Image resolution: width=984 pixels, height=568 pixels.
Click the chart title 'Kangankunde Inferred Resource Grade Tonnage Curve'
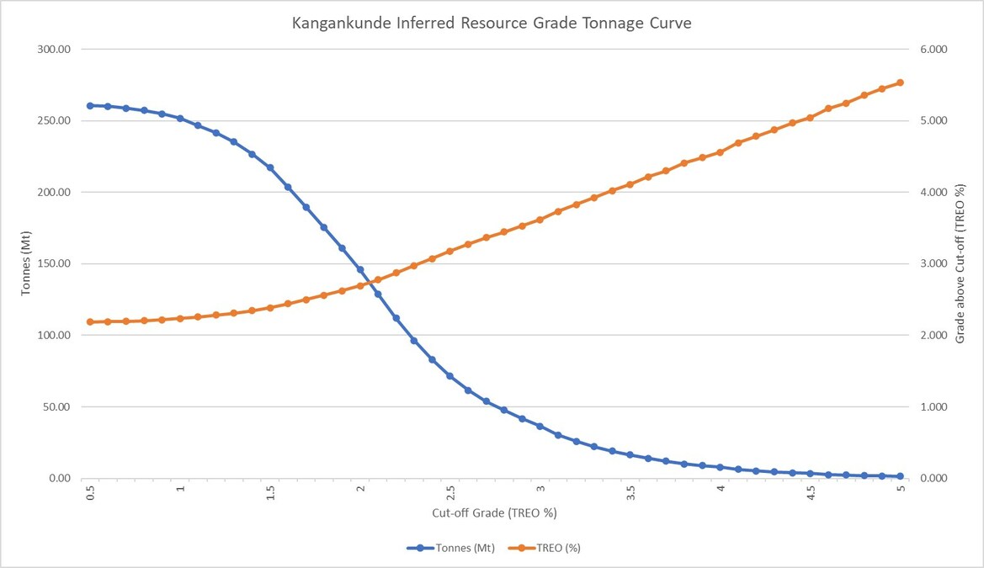(x=492, y=24)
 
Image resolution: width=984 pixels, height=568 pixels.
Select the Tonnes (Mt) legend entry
(x=450, y=548)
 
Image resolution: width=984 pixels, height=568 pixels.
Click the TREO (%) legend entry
(x=544, y=548)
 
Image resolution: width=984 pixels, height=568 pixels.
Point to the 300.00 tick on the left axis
(x=54, y=49)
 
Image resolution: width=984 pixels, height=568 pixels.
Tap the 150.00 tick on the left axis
(x=54, y=263)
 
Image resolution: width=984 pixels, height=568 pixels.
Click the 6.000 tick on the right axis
(x=933, y=49)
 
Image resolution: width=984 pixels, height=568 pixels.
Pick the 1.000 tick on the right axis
(x=933, y=406)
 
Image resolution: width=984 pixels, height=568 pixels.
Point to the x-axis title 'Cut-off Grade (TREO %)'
(x=494, y=512)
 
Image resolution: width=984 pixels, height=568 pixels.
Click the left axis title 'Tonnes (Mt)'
(x=26, y=263)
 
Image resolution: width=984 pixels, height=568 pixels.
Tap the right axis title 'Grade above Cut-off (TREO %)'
(x=960, y=263)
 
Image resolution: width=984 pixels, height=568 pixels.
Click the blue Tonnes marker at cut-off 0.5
(x=90, y=105)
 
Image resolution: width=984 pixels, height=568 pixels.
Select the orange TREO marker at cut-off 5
(x=900, y=82)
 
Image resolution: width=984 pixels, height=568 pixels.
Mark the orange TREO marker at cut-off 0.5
(x=90, y=322)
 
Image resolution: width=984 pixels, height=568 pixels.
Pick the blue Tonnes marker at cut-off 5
(x=900, y=476)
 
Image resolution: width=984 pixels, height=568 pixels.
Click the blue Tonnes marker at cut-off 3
(x=540, y=426)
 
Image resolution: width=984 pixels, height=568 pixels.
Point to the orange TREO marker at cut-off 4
(x=720, y=152)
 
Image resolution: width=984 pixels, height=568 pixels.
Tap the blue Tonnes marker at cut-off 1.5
(x=270, y=167)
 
